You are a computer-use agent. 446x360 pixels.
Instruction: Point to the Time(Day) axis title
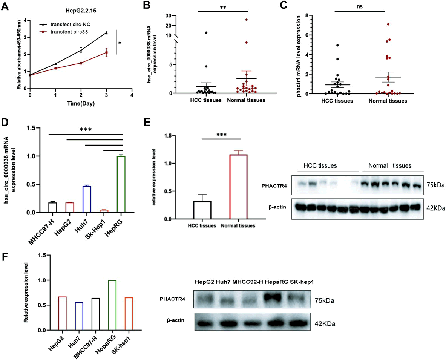[x=81, y=103]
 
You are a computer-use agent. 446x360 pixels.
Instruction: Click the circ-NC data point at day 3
[x=106, y=32]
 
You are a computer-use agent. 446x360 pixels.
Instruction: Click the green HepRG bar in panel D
[x=121, y=184]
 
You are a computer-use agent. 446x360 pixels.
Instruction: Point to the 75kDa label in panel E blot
[x=435, y=185]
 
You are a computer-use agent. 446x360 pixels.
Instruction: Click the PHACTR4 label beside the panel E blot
[x=273, y=186]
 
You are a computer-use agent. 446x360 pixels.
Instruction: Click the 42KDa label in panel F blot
[x=325, y=323]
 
